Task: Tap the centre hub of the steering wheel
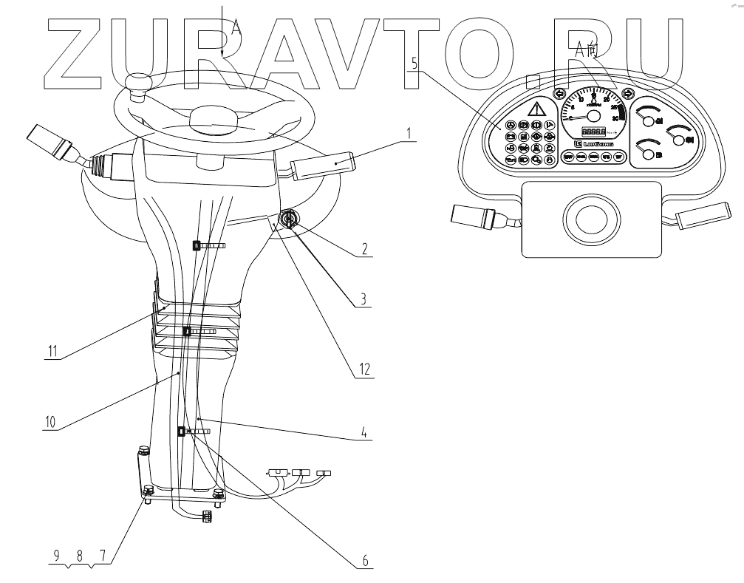[x=214, y=119]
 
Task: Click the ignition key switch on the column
[x=287, y=220]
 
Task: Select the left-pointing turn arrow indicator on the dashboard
[x=559, y=94]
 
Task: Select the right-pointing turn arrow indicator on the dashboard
[x=628, y=94]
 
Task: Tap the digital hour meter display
[x=591, y=131]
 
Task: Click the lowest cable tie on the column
[x=181, y=431]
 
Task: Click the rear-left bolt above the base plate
[x=143, y=451]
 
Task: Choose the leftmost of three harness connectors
[x=277, y=471]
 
